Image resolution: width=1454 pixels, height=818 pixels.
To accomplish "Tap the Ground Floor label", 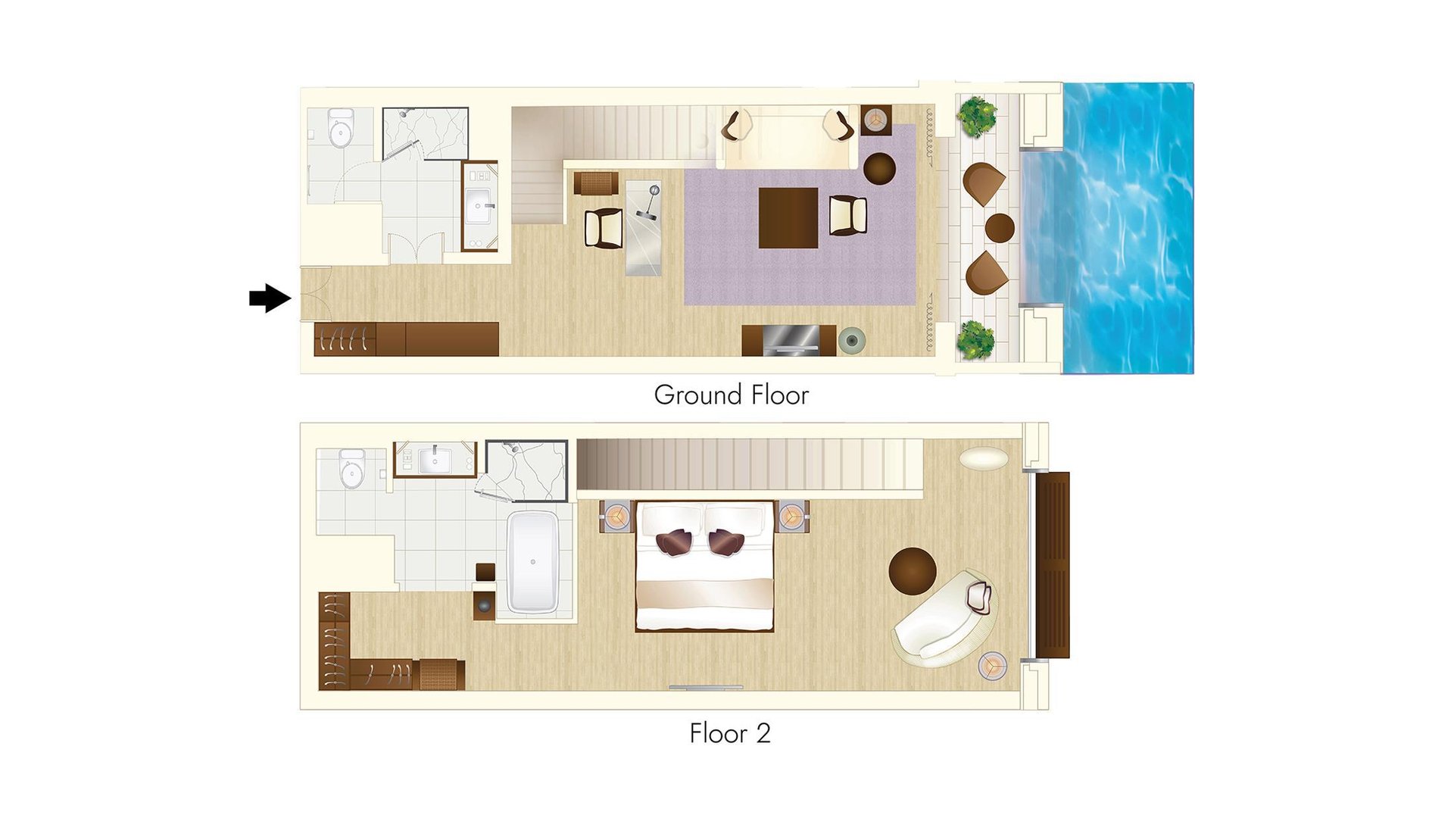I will coord(731,395).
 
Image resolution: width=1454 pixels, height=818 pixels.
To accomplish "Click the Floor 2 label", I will coord(729,733).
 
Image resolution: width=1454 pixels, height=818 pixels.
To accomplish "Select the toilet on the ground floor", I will coord(341,130).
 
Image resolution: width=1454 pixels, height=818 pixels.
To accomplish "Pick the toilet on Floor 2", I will coord(352,470).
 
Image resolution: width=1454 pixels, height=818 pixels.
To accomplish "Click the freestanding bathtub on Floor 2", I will coord(533,561).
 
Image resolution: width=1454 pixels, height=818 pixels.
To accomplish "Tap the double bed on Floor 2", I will coord(704,567).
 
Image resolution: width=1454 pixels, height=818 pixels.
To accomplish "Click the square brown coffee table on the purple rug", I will coord(788,217).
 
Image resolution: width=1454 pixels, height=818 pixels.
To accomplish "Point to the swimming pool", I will coord(1128,227).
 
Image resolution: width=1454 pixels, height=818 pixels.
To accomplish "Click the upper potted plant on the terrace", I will coord(977,116).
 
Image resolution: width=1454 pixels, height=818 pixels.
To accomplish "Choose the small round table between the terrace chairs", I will coord(1000,227).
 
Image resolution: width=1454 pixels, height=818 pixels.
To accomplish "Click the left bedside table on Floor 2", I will coord(616,516).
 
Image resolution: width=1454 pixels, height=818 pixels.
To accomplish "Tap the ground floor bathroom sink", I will coord(479,204).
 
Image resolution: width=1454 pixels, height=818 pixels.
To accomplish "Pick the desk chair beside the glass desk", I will coord(604,228).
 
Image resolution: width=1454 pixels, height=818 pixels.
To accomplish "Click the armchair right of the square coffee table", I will coord(847,215).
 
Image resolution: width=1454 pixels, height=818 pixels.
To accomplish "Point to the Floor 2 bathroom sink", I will coord(435,460).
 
